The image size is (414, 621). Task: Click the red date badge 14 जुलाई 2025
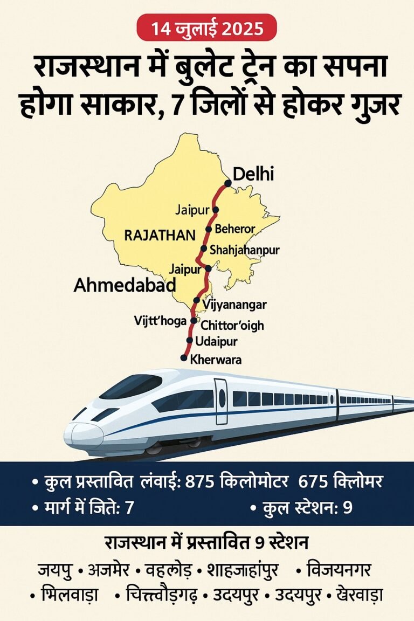tap(206, 27)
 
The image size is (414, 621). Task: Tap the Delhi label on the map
tap(253, 174)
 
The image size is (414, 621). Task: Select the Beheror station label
tap(234, 229)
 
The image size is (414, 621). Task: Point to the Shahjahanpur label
tap(244, 250)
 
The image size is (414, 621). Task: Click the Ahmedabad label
tap(125, 285)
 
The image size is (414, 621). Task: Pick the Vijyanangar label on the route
tap(234, 305)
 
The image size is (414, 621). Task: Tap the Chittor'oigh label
tap(232, 326)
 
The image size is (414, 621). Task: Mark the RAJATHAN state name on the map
tap(160, 235)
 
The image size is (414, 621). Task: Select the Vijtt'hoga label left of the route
tap(160, 321)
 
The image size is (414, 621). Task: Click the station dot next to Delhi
tap(228, 183)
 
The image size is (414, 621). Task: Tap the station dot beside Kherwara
tap(184, 358)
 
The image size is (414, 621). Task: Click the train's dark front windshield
tap(131, 387)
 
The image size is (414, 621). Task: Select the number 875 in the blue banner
tap(201, 482)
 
